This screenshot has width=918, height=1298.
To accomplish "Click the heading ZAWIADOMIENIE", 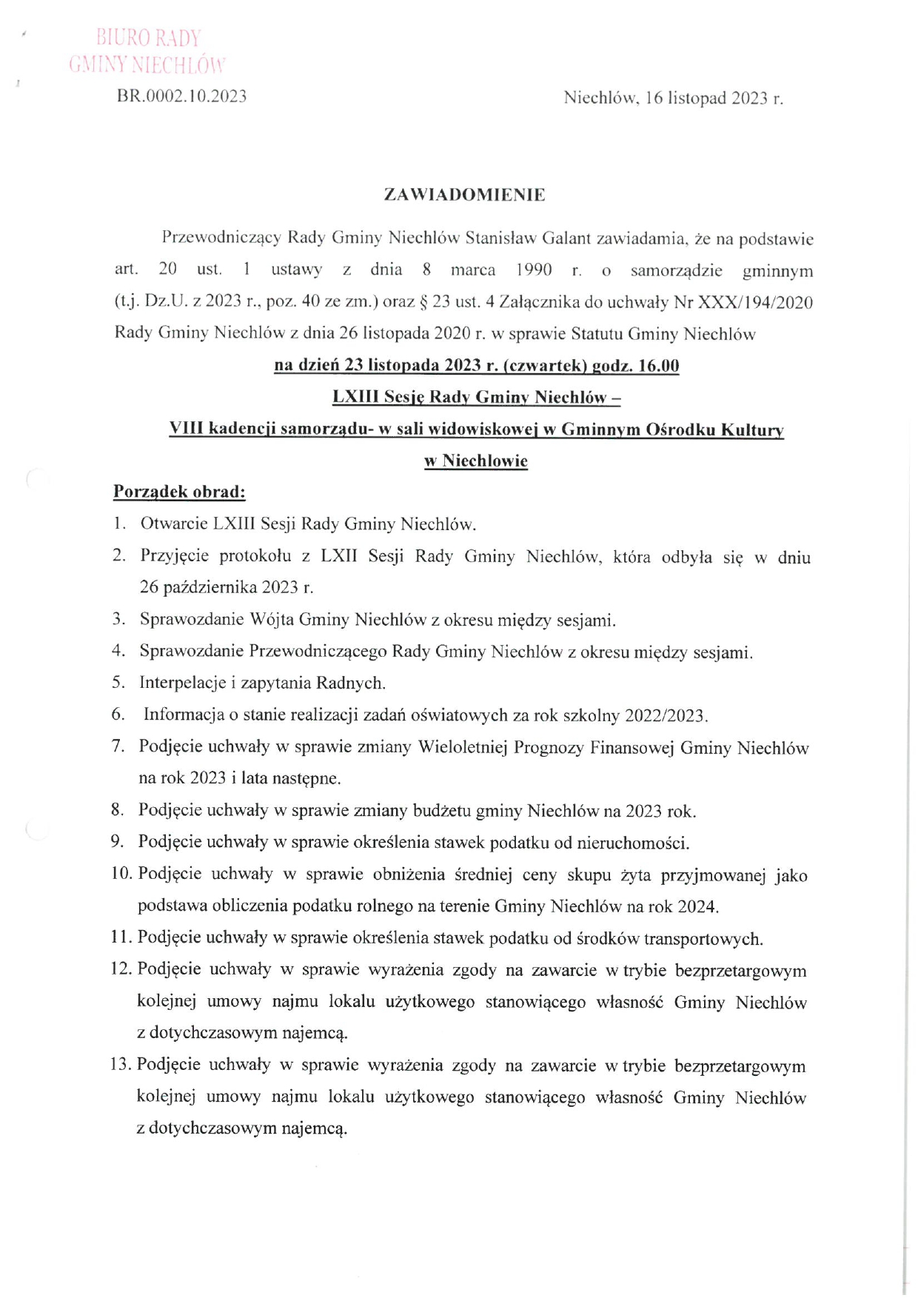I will point(464,195).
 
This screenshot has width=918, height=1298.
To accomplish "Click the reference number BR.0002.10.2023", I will point(182,96).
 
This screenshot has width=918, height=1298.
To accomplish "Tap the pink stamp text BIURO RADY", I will point(149,38).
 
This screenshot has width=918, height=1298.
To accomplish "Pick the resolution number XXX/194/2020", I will point(752,302).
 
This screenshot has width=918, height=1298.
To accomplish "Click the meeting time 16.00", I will point(658,366).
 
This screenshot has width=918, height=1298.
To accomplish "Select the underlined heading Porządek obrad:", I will point(179,492).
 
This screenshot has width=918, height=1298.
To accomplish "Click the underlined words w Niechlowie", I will point(476,461).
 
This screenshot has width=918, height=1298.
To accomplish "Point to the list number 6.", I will point(118,715).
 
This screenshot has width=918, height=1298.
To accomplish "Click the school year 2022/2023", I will point(665,715).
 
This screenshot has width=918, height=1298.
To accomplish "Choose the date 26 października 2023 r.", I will point(226,588).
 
